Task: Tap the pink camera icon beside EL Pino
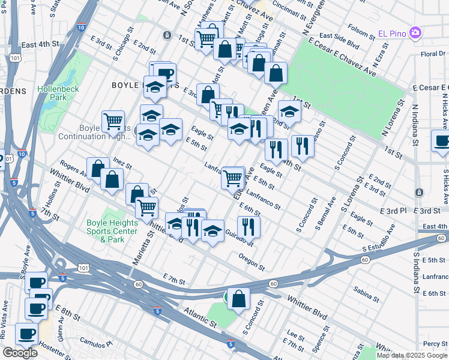pyautogui.click(x=414, y=31)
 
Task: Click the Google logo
pyautogui.click(x=20, y=353)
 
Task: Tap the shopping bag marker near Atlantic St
pyautogui.click(x=238, y=298)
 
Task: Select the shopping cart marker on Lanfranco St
pyautogui.click(x=233, y=177)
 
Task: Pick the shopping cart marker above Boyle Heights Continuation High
pyautogui.click(x=113, y=121)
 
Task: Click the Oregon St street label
pyautogui.click(x=252, y=261)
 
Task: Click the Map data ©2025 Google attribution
pyautogui.click(x=411, y=355)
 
